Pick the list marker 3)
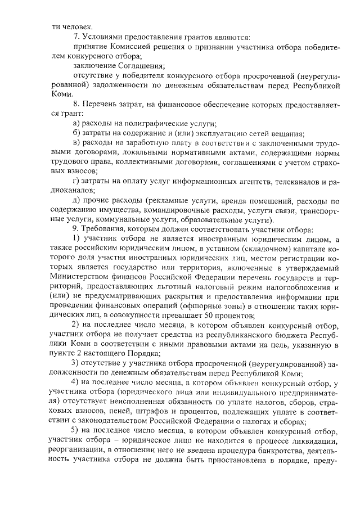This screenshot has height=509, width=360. click(77, 362)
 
